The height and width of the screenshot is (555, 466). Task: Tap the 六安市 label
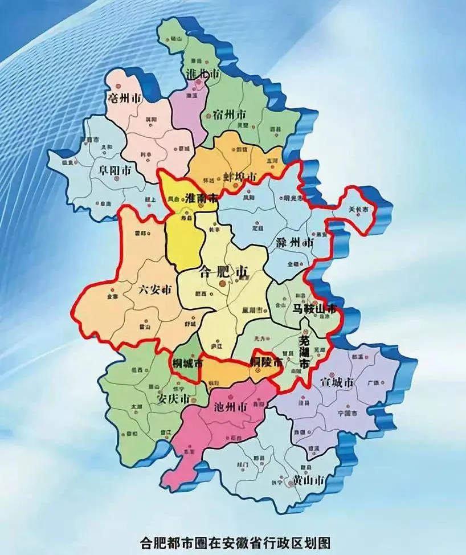(x=154, y=290)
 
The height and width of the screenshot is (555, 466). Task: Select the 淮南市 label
(x=202, y=199)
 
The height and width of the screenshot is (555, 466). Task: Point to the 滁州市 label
(x=293, y=242)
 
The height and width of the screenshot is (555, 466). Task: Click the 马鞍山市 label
(x=314, y=309)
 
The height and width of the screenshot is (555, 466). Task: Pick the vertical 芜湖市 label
(x=305, y=352)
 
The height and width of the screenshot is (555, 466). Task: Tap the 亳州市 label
(x=124, y=99)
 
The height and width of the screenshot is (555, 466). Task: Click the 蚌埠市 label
(x=242, y=174)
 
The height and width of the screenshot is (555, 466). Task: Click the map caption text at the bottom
(x=235, y=542)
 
